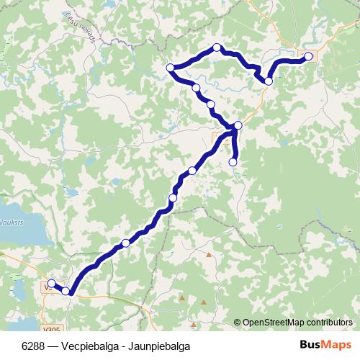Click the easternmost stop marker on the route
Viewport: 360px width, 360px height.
[309, 56]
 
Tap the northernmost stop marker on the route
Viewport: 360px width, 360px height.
[217, 48]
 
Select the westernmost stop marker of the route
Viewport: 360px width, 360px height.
[51, 283]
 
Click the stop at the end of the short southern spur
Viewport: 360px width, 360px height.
[233, 163]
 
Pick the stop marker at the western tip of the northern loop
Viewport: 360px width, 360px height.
[171, 68]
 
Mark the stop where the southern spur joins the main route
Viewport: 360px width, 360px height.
[238, 126]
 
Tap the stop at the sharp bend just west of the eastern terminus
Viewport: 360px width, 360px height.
[269, 81]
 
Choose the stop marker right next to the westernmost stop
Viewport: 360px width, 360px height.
[66, 291]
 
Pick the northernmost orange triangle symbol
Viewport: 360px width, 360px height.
[209, 254]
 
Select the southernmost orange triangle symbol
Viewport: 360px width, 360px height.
[203, 303]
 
